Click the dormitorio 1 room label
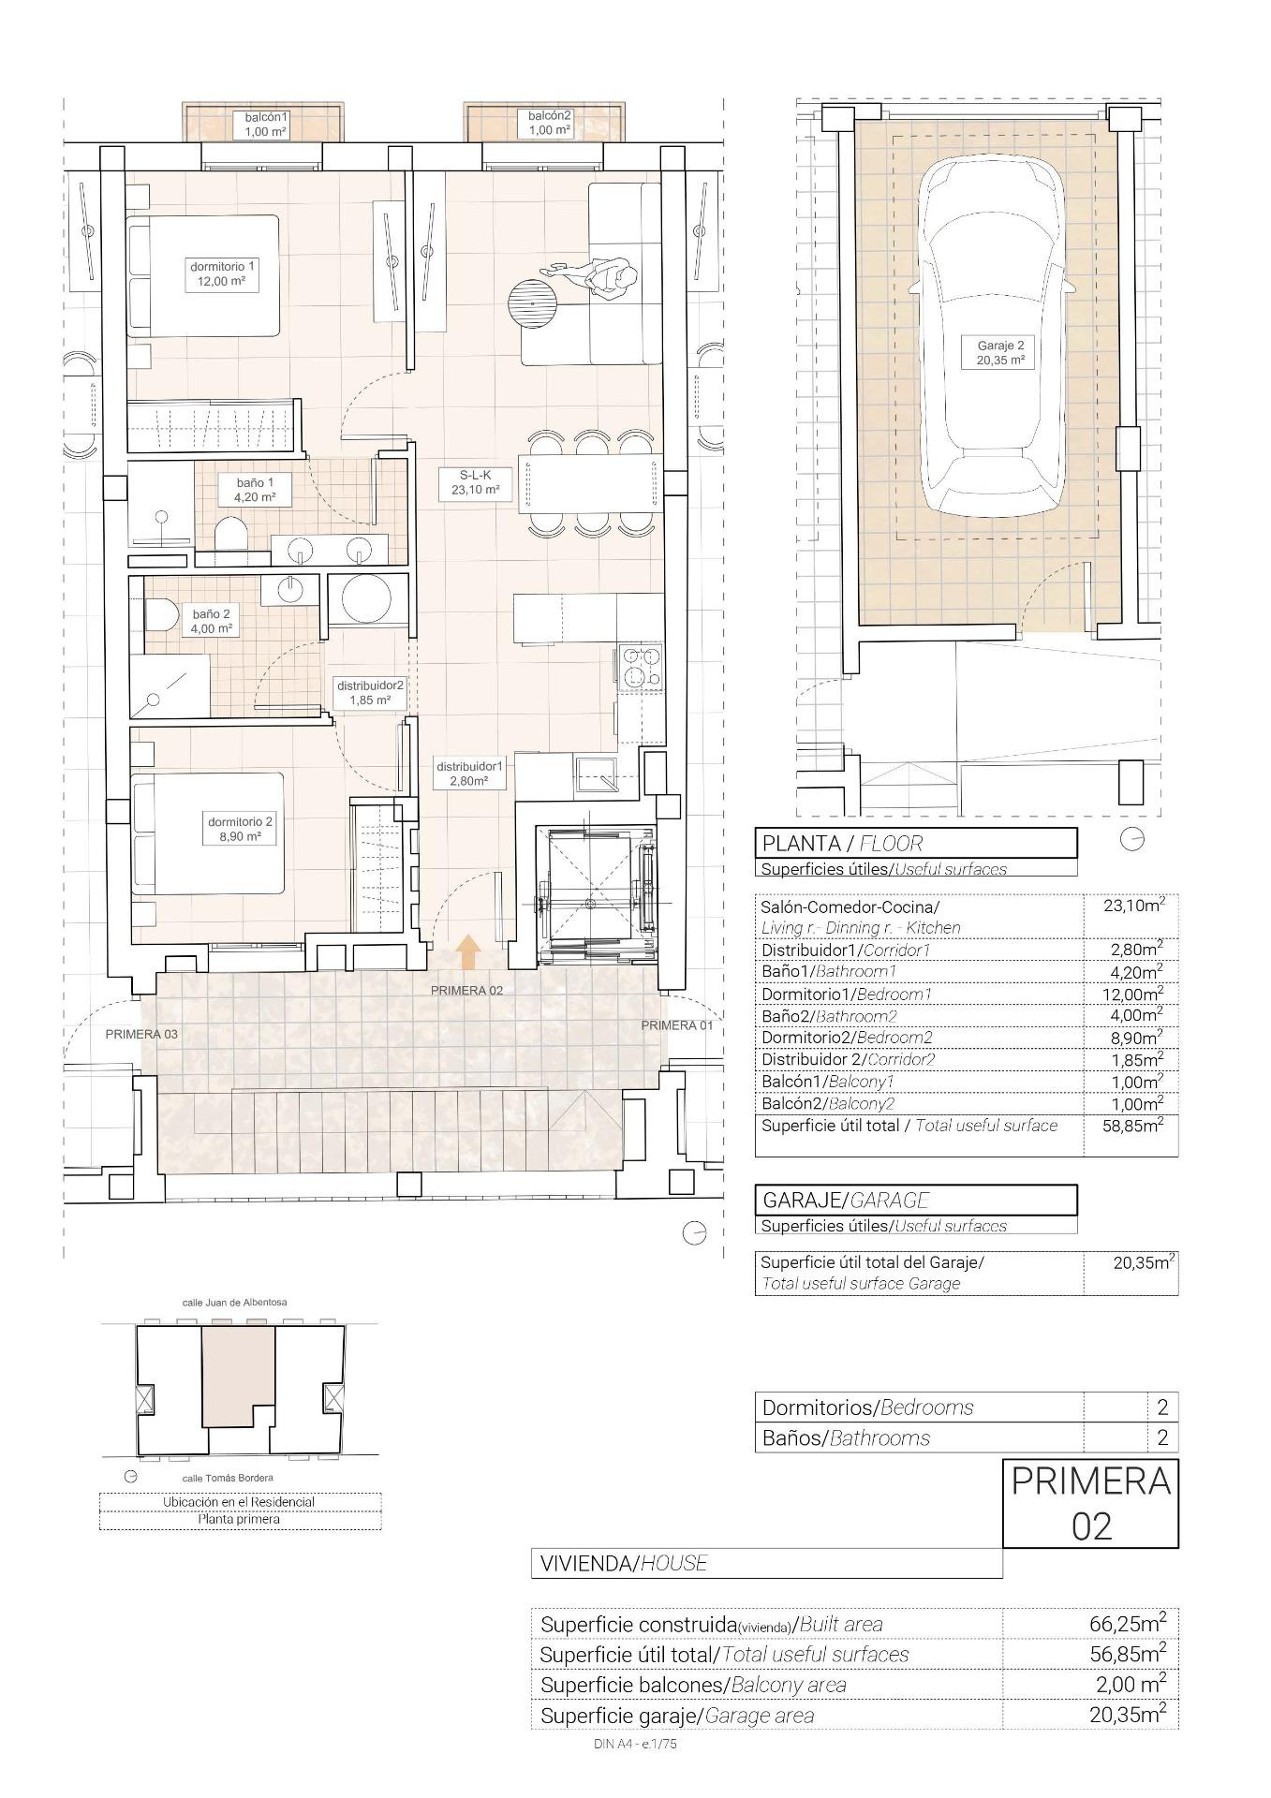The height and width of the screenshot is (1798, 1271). (221, 273)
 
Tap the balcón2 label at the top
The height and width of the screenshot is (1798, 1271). (550, 123)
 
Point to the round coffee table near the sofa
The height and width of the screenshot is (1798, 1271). (532, 302)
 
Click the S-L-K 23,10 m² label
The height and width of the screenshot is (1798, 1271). (476, 482)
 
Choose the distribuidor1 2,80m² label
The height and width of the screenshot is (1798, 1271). (469, 773)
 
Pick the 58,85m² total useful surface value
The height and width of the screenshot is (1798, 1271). (1131, 1125)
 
